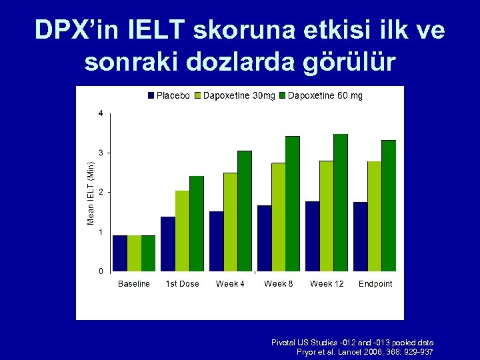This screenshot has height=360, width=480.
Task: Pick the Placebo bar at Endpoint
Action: pyautogui.click(x=360, y=236)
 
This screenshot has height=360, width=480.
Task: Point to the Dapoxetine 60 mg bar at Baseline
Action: pyautogui.click(x=148, y=253)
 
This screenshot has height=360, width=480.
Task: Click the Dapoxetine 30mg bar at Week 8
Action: pyautogui.click(x=278, y=217)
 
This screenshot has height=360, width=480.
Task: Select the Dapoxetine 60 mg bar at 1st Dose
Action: pyautogui.click(x=197, y=223)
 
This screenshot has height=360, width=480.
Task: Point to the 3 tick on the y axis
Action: pyautogui.click(x=100, y=153)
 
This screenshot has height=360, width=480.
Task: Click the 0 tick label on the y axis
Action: pyautogui.click(x=100, y=271)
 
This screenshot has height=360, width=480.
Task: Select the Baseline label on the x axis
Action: pyautogui.click(x=134, y=284)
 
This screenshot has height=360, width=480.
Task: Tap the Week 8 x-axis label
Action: pyautogui.click(x=279, y=284)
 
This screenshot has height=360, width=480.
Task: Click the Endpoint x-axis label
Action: pyautogui.click(x=375, y=284)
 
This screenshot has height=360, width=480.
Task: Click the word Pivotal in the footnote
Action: pyautogui.click(x=285, y=342)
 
